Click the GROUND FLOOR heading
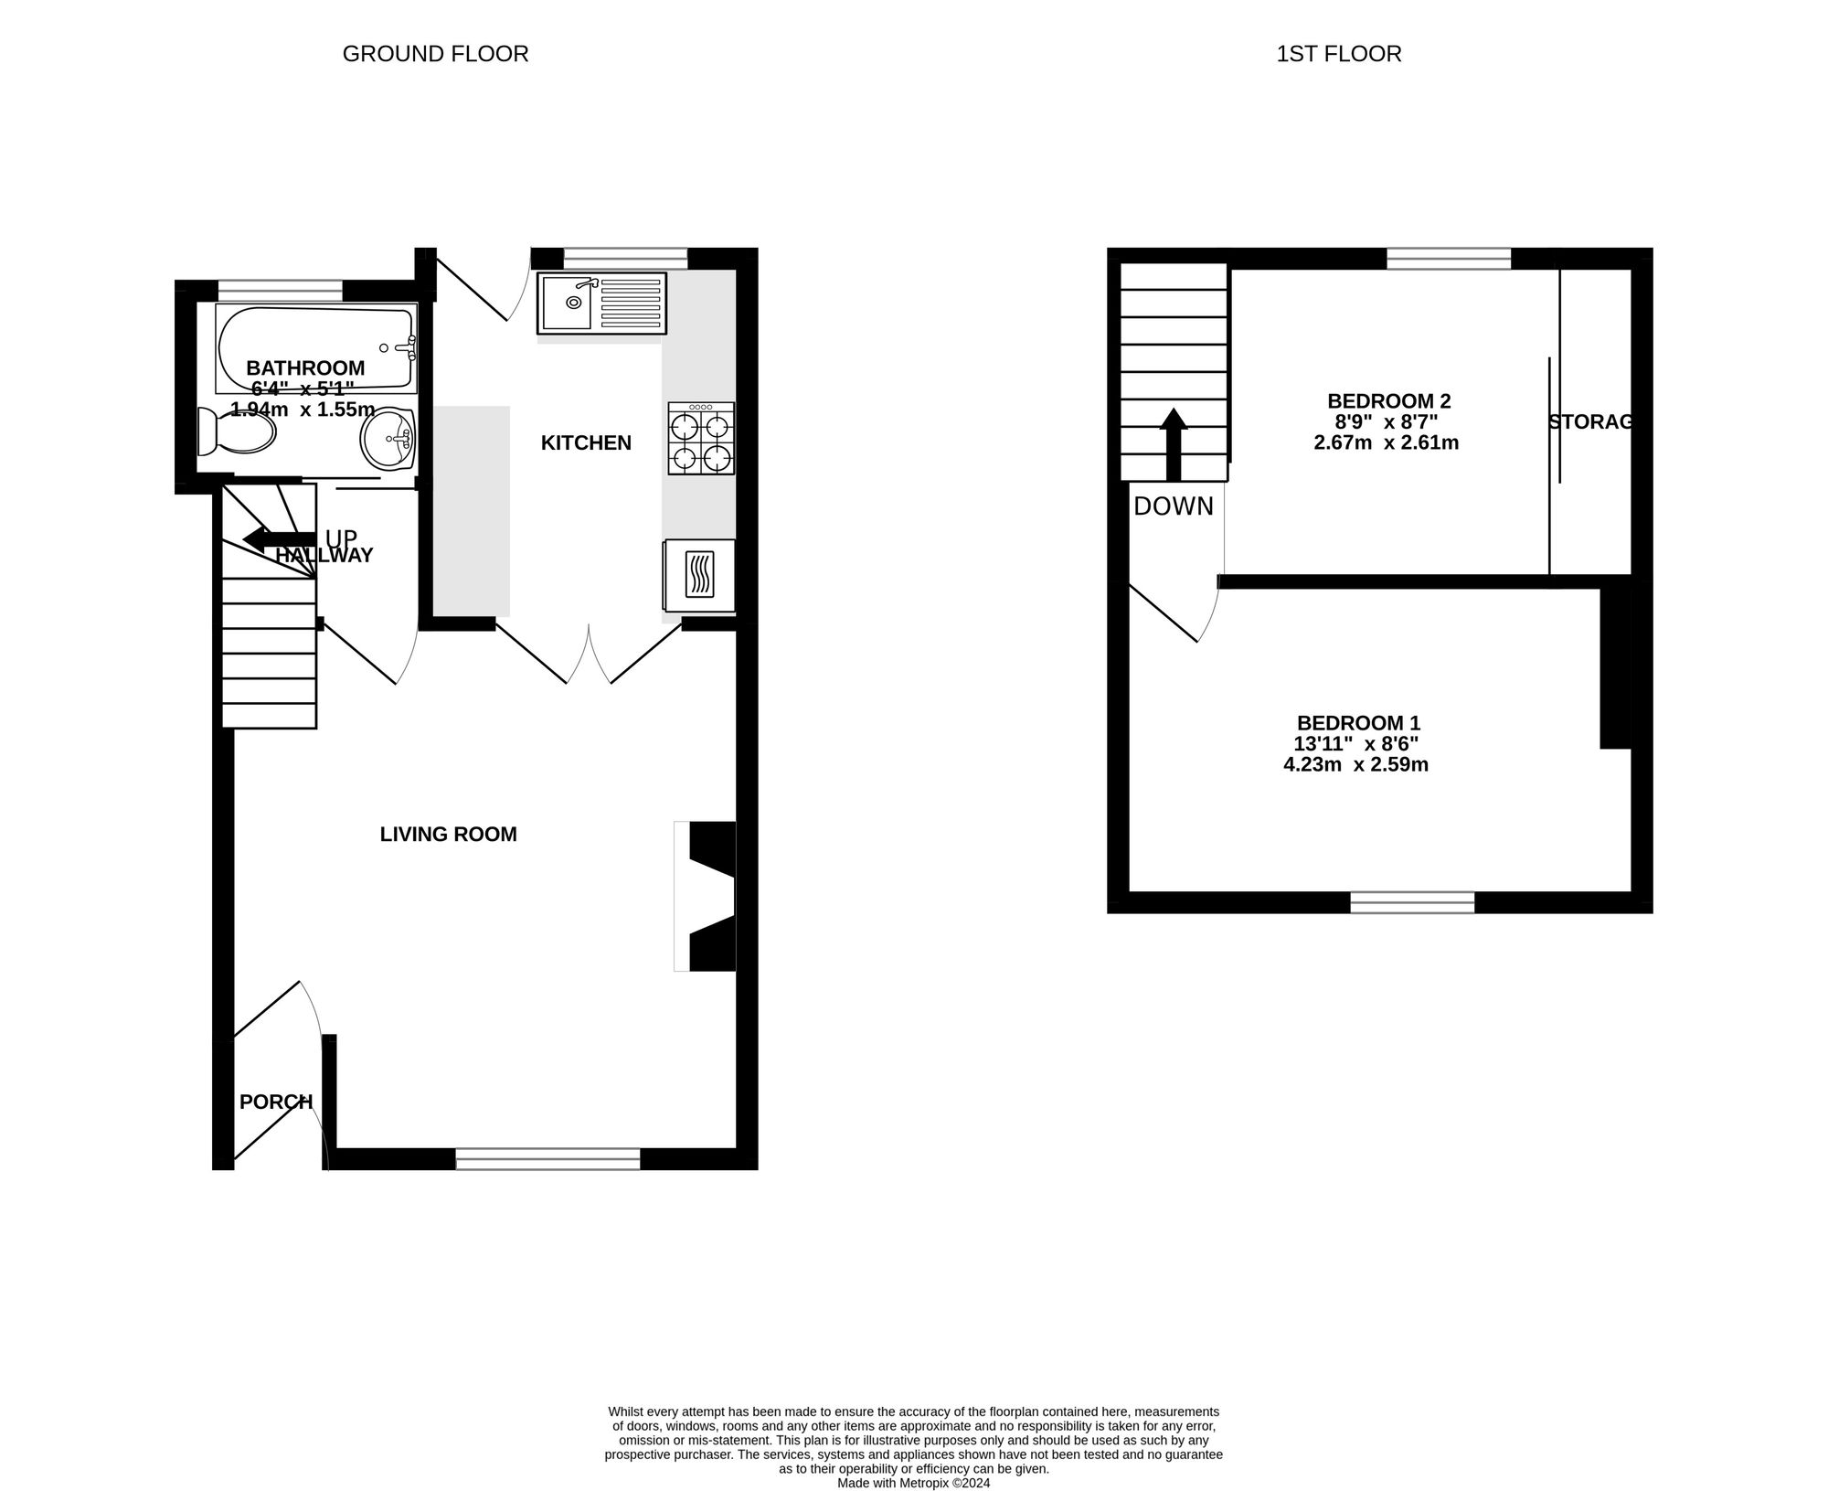435,54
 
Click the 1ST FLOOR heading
1338,54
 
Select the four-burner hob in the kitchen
701,439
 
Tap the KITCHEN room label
586,443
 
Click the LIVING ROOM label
448,835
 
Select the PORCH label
275,1102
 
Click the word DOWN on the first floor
1174,506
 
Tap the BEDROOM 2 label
1388,401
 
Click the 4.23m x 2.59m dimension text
1355,765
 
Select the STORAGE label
1590,422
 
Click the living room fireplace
706,896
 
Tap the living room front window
548,1159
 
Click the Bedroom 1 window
1412,902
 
